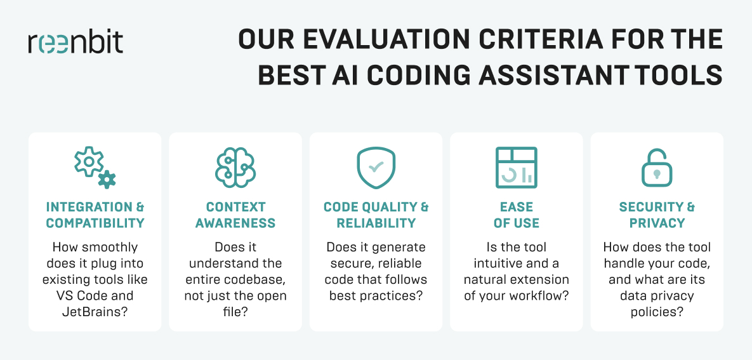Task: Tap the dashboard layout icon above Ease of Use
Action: click(517, 168)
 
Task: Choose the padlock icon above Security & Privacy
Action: click(657, 168)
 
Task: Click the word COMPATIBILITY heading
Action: click(95, 223)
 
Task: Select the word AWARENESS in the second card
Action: click(235, 223)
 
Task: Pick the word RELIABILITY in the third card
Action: click(376, 223)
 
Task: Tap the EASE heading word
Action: click(517, 207)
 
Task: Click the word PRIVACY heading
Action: click(657, 223)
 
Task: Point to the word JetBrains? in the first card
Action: click(95, 312)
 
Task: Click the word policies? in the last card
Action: click(657, 312)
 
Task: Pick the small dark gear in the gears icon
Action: click(107, 179)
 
